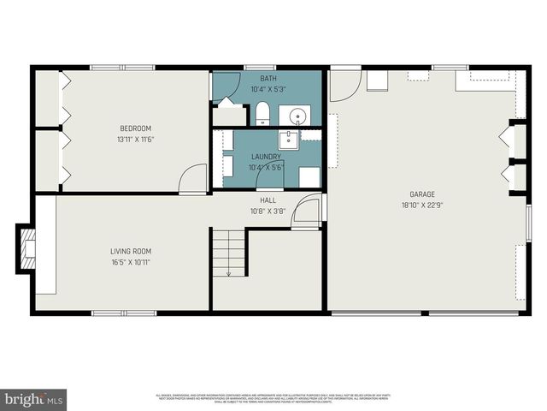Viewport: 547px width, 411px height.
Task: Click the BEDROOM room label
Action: [135, 128]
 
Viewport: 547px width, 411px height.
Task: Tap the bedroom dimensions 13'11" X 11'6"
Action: [135, 140]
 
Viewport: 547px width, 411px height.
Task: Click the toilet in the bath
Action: [262, 113]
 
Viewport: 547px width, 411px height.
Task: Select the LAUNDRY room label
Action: [266, 157]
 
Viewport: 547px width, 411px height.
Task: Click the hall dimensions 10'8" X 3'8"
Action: [267, 211]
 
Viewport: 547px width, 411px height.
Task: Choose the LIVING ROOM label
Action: [131, 251]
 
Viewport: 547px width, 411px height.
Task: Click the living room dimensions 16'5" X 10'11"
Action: [131, 263]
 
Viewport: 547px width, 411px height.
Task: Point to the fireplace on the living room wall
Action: [26, 249]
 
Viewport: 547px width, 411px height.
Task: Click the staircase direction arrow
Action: [228, 272]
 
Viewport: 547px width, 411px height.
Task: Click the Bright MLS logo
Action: [33, 398]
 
